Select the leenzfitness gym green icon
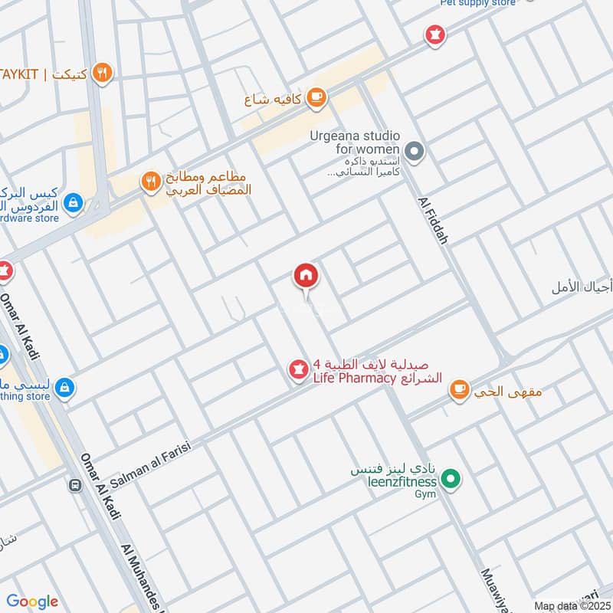point(452,480)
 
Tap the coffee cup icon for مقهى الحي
point(459,390)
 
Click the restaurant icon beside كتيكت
point(102,73)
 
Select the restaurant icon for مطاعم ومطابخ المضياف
point(149,182)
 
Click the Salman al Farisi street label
point(149,461)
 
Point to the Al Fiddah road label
point(433,218)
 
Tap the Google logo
point(32,601)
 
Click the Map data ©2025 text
point(572,605)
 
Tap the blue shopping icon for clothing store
point(65,386)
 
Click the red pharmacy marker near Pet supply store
point(435,34)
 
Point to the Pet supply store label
point(478,3)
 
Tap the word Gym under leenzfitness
point(425,494)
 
